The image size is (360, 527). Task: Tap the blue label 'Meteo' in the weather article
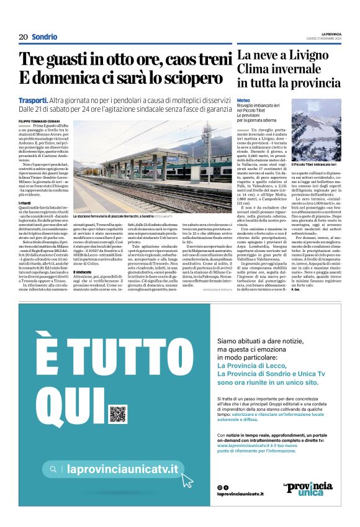click(x=243, y=101)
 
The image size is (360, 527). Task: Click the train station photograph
click(x=151, y=166)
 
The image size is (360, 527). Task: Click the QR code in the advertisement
click(x=117, y=414)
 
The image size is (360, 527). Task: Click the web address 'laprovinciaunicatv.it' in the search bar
click(x=122, y=470)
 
